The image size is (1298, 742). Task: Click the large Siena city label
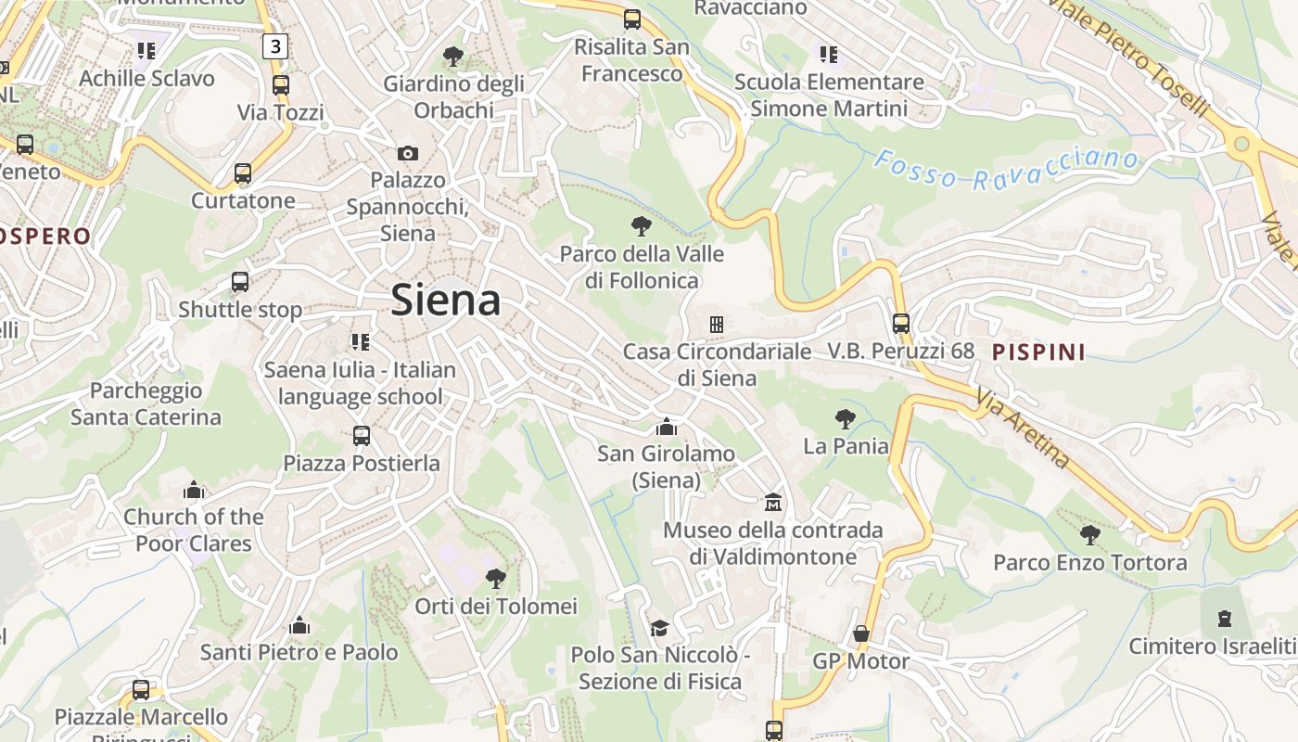pyautogui.click(x=446, y=300)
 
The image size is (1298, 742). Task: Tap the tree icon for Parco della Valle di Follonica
pyautogui.click(x=641, y=225)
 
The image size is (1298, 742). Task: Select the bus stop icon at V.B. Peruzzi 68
pyautogui.click(x=901, y=324)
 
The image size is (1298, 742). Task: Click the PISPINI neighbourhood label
pyautogui.click(x=1038, y=352)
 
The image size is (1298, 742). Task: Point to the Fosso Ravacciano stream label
pyautogui.click(x=1006, y=168)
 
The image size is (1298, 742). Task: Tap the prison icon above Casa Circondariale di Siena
pyautogui.click(x=717, y=325)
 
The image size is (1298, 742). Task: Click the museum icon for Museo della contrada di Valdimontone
pyautogui.click(x=773, y=503)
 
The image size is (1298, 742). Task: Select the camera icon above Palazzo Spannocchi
pyautogui.click(x=408, y=153)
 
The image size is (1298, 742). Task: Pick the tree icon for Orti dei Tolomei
pyautogui.click(x=496, y=579)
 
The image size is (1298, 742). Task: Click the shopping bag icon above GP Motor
pyautogui.click(x=861, y=633)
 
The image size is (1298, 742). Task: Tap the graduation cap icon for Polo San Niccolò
pyautogui.click(x=659, y=628)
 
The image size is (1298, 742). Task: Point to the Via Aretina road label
pyautogui.click(x=1023, y=428)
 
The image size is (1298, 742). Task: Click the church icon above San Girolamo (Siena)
pyautogui.click(x=666, y=427)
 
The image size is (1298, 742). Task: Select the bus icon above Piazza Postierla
pyautogui.click(x=362, y=435)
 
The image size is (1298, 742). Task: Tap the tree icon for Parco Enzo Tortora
pyautogui.click(x=1090, y=534)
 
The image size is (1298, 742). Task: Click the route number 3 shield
pyautogui.click(x=275, y=45)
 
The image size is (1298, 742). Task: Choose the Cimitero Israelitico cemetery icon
pyautogui.click(x=1225, y=618)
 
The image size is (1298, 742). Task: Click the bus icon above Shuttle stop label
pyautogui.click(x=240, y=282)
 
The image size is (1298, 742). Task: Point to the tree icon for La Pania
pyautogui.click(x=845, y=418)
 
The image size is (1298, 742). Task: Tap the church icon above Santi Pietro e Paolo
pyautogui.click(x=299, y=626)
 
